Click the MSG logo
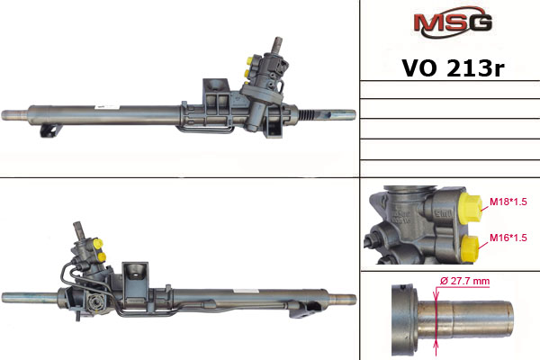(x=453, y=22)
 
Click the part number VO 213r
(x=453, y=68)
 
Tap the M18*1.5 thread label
(x=508, y=202)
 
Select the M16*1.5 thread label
(x=508, y=238)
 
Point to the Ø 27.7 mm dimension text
(x=465, y=281)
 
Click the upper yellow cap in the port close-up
(x=471, y=208)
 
